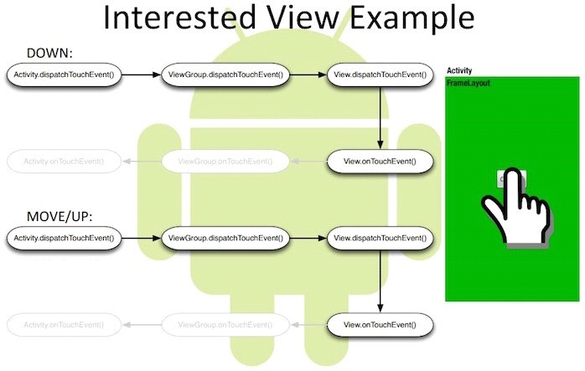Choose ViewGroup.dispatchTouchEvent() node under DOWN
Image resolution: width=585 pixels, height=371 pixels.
(224, 75)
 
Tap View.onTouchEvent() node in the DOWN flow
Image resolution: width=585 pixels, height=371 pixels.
(382, 160)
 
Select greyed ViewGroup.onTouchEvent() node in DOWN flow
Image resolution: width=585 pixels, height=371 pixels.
(224, 160)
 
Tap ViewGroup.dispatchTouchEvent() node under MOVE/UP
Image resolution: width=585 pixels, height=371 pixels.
(224, 239)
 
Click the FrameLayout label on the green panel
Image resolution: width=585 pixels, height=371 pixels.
(469, 84)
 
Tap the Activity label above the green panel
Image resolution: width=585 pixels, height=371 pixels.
(460, 71)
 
